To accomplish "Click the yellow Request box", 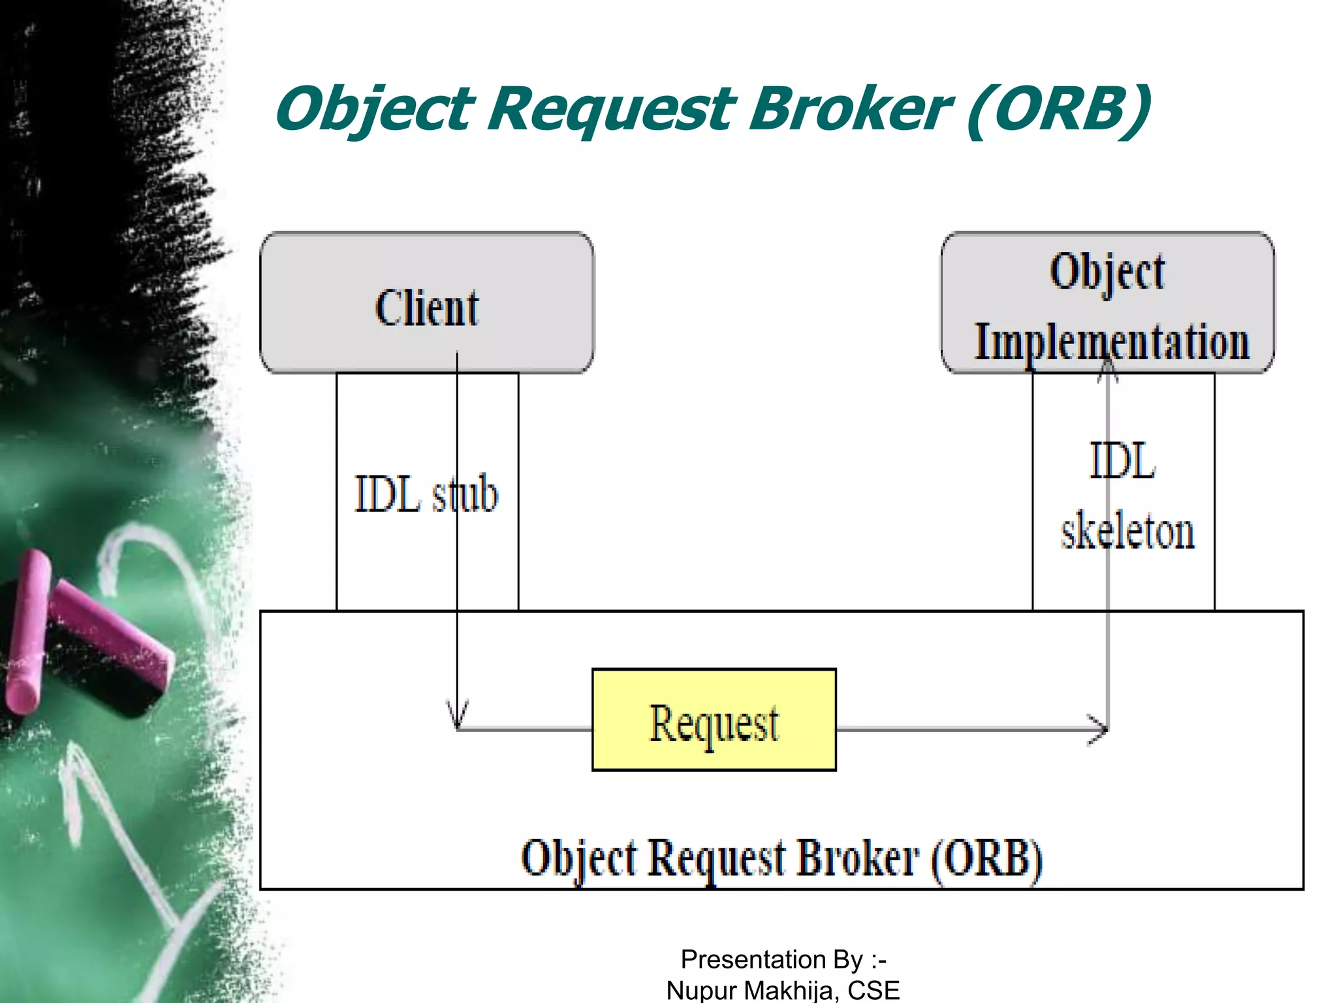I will click(x=714, y=720).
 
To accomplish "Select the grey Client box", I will click(x=426, y=303).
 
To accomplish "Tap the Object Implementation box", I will click(x=1107, y=303).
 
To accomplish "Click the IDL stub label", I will click(x=426, y=494).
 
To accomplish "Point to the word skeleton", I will click(x=1127, y=531).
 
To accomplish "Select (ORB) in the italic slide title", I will click(x=1058, y=108).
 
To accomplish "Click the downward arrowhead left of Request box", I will click(x=457, y=715).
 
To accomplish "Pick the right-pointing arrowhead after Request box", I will click(x=1098, y=729).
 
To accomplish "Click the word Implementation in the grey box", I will click(x=1111, y=342).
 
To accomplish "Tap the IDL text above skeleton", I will click(x=1122, y=461).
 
